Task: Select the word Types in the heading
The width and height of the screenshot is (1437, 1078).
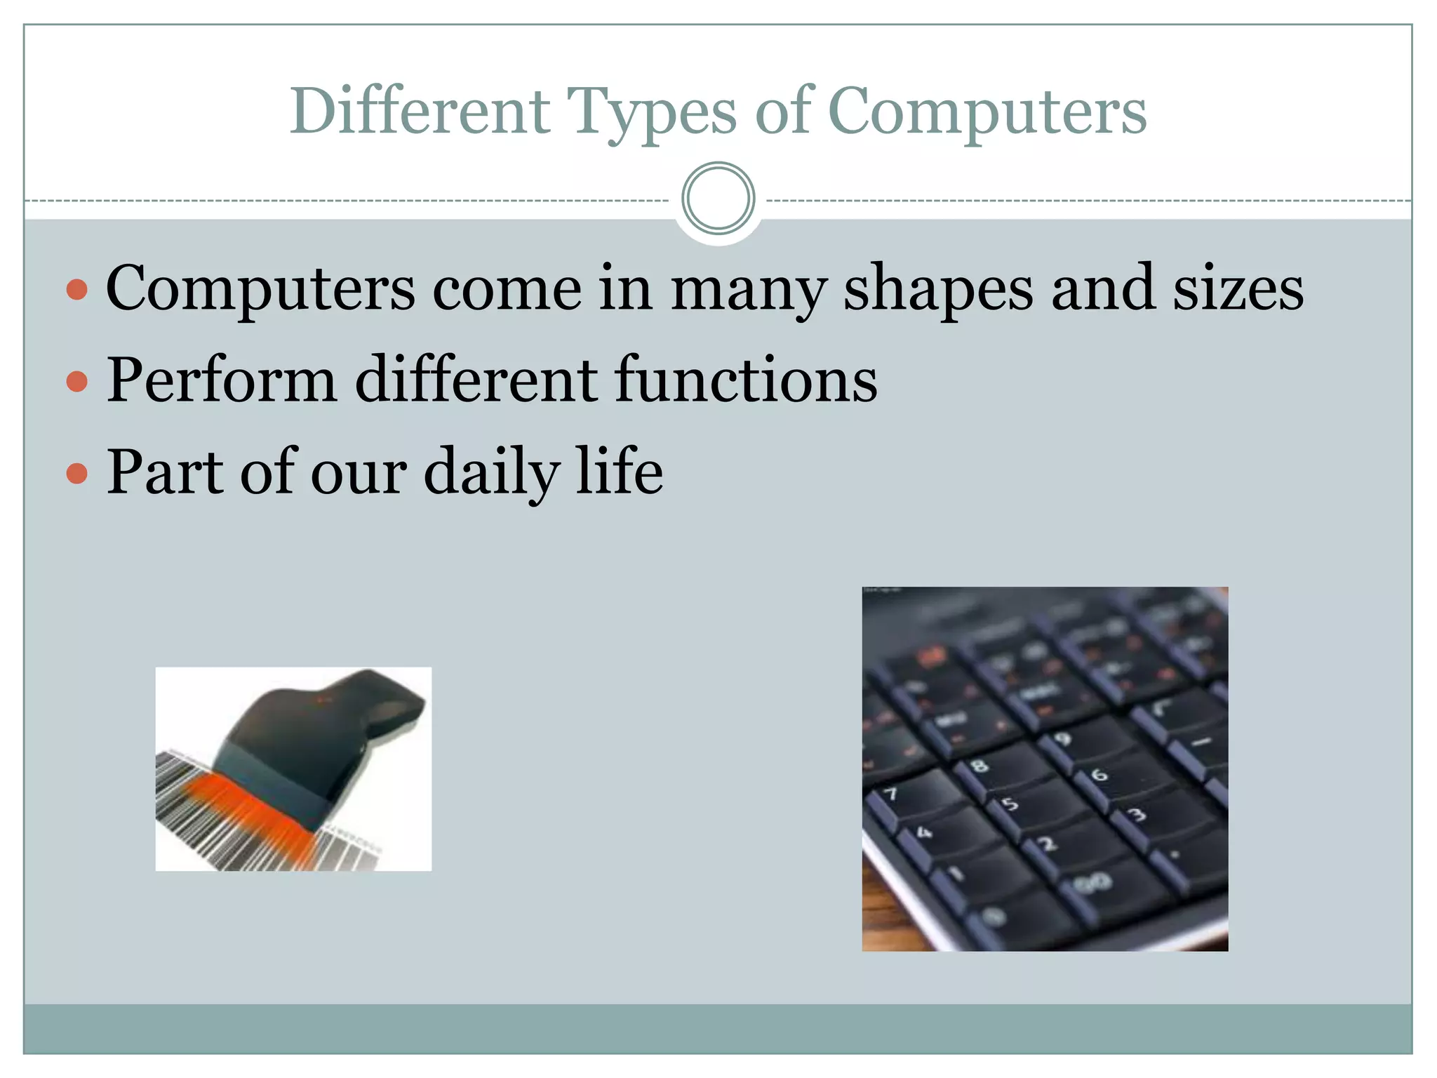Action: coord(652,112)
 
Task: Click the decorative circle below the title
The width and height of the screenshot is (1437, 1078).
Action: coord(718,199)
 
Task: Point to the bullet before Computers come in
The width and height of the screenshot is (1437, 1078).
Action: coord(77,289)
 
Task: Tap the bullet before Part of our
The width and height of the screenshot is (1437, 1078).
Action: coord(77,473)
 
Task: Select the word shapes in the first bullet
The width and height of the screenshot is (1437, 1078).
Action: coord(937,289)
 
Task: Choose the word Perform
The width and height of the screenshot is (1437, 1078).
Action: coord(222,380)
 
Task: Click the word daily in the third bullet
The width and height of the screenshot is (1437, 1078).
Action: coord(490,472)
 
